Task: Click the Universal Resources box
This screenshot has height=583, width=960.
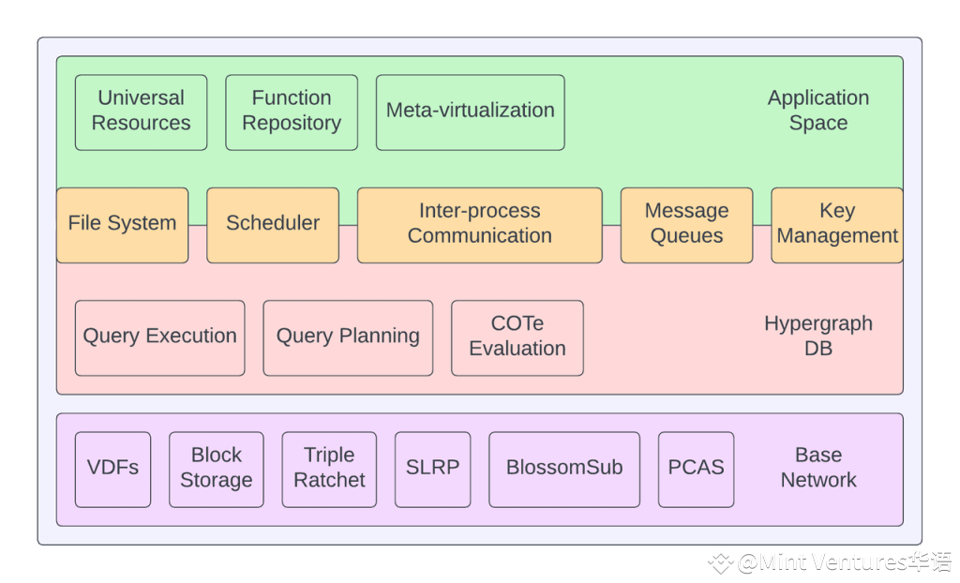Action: [141, 112]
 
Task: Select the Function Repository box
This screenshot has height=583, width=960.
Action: [292, 112]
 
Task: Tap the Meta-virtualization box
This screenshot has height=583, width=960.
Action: [471, 112]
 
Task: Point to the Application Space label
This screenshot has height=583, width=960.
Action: [818, 111]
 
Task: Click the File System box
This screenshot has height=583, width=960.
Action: [123, 225]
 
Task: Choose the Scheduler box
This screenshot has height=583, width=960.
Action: [273, 225]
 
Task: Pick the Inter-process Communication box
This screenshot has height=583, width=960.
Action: [480, 225]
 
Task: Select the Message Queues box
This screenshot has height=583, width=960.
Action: [687, 225]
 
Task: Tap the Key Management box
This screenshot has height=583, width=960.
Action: [837, 225]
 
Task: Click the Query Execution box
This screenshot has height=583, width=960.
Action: [159, 338]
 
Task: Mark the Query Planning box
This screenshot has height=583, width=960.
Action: [348, 338]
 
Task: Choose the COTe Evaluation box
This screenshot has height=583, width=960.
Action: [517, 338]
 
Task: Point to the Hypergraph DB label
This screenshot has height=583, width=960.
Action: [818, 336]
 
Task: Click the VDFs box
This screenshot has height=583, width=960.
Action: [112, 470]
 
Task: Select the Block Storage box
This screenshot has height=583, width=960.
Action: [217, 470]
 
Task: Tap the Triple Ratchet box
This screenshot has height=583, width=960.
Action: [329, 470]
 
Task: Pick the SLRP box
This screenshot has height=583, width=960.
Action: [433, 470]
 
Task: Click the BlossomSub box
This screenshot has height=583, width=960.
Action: [564, 470]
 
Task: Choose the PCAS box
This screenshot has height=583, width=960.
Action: [697, 470]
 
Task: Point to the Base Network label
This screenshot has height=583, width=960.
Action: [818, 468]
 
